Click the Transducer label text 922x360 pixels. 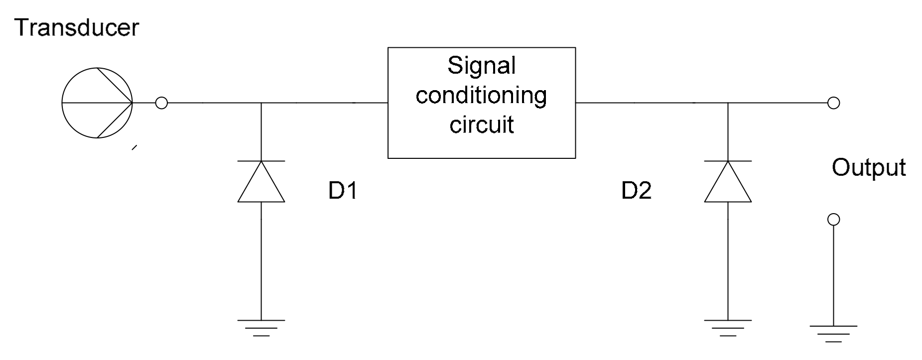(x=77, y=28)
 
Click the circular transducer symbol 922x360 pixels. (x=97, y=103)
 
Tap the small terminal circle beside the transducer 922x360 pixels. (x=161, y=103)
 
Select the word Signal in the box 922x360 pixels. (x=481, y=66)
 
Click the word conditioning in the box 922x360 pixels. (x=481, y=95)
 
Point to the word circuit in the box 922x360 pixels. (x=481, y=124)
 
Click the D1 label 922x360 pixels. (x=343, y=190)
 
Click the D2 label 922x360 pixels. (x=636, y=190)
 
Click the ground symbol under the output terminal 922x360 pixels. (x=833, y=333)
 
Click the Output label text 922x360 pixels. (x=868, y=168)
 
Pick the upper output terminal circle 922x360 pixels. (x=833, y=103)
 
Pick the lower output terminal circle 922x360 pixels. (x=833, y=220)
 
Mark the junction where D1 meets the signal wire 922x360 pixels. (x=261, y=103)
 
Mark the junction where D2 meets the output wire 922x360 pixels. (x=728, y=103)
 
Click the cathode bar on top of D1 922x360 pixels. (x=261, y=161)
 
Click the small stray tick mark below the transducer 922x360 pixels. (x=133, y=147)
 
